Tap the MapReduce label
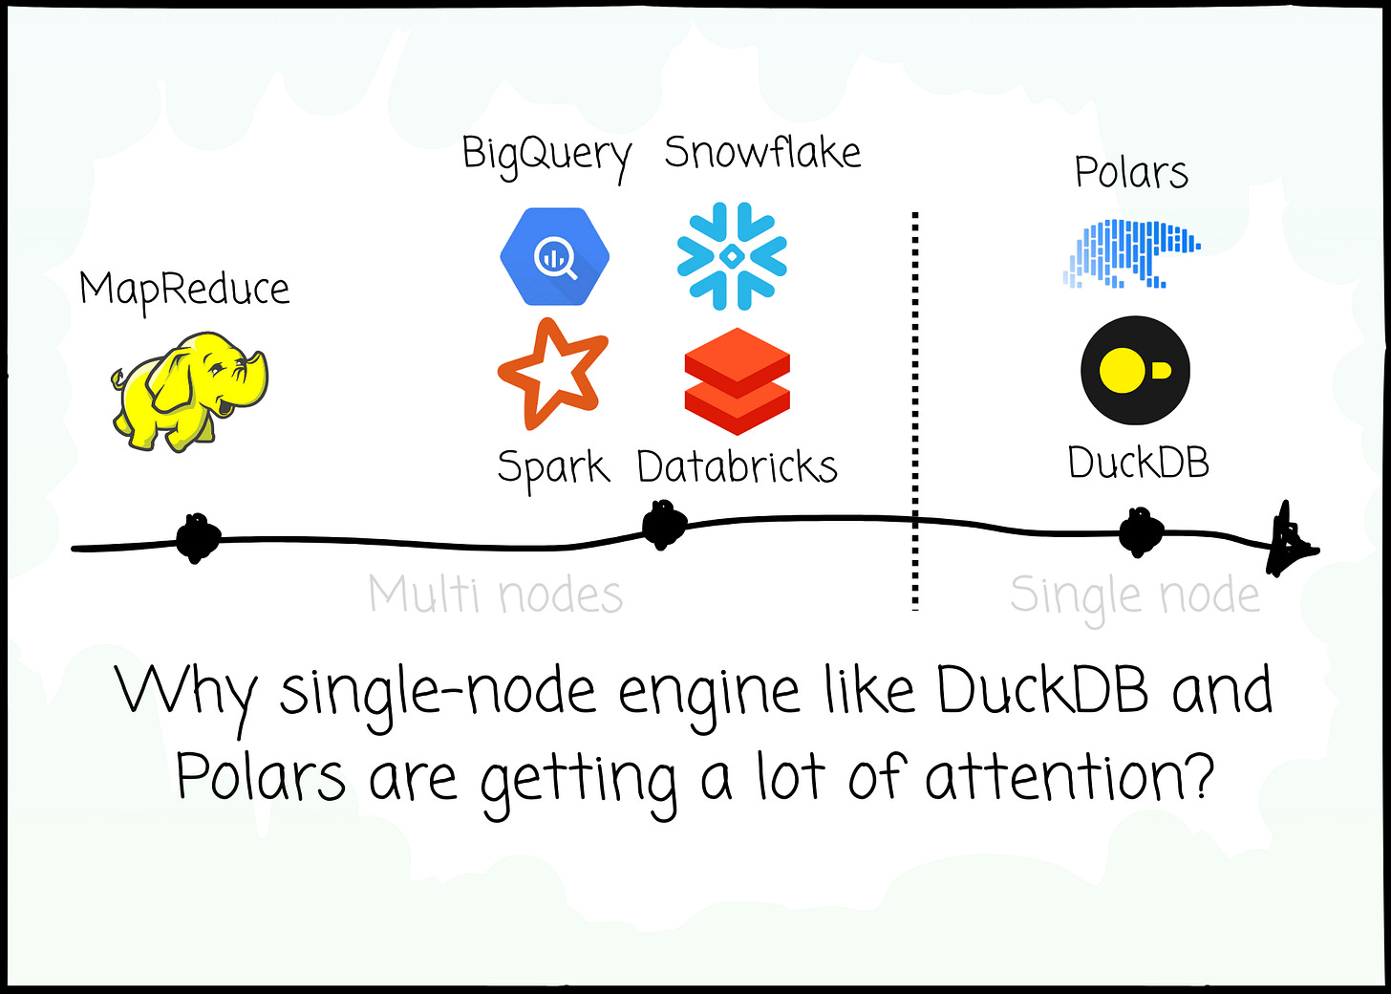(184, 289)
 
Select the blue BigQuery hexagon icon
(554, 256)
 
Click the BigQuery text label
(546, 155)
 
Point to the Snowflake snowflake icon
(732, 256)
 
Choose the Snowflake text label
(762, 153)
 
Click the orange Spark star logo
(552, 373)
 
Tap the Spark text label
(553, 468)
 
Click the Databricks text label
(737, 467)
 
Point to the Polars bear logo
(1131, 253)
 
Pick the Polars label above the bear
(1131, 173)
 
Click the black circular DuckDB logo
(1135, 371)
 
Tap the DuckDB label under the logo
(1138, 464)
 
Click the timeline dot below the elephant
(197, 539)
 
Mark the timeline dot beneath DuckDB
(1141, 531)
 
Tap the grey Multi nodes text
(496, 594)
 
